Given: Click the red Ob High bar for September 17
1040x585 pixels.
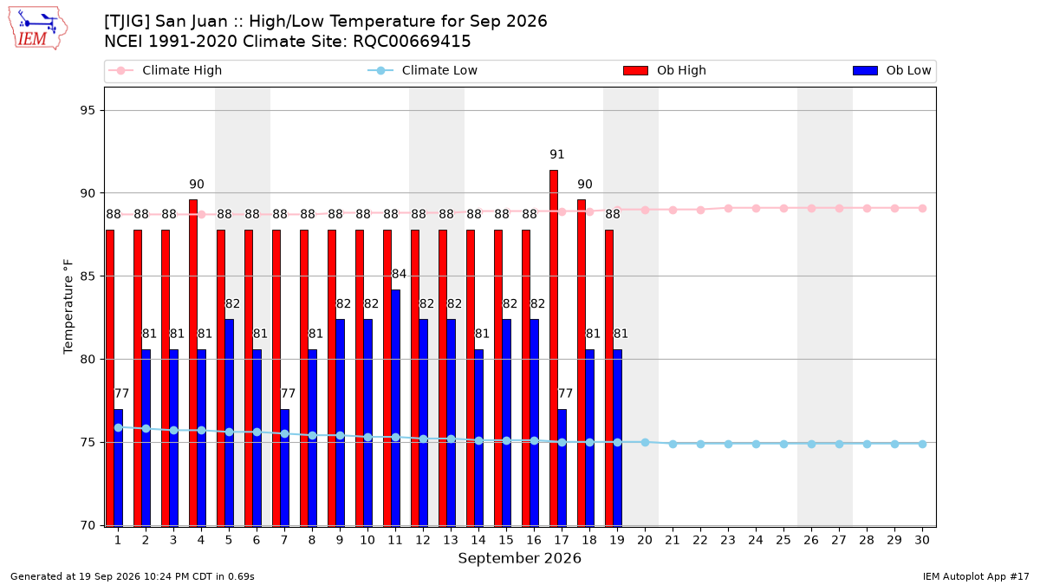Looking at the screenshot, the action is coord(554,348).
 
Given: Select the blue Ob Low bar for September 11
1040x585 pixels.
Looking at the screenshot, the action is coord(395,408).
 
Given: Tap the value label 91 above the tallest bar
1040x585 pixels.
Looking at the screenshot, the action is coord(556,154).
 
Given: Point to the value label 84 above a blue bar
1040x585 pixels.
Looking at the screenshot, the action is coord(399,274).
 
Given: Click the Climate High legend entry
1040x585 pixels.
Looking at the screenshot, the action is coord(166,70).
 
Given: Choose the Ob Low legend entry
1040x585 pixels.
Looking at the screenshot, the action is coord(892,70).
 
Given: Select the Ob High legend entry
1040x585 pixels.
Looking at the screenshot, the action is coord(665,70).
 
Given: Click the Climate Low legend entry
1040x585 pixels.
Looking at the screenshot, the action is coord(423,70).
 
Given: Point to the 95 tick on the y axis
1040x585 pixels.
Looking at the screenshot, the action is coord(88,111).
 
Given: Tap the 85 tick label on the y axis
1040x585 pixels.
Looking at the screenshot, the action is coord(88,276).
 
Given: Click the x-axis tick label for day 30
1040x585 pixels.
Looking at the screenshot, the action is coord(922,540).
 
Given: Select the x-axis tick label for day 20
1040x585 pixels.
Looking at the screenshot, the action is coord(645,540).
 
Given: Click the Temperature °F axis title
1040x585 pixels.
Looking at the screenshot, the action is coord(68,307).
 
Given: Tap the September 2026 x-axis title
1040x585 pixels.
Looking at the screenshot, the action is coord(519,558).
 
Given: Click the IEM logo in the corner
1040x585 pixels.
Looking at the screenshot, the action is coord(38,28).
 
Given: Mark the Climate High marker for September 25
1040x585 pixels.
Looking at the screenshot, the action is coord(783,209).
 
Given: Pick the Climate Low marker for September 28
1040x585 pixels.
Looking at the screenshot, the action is coord(867,444).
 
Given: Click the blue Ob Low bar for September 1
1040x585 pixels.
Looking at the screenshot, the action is coord(119,467).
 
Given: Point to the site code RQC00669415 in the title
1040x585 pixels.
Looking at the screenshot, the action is coord(412,42).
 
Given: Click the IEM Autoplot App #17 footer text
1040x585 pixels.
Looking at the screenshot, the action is coord(976,576).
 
